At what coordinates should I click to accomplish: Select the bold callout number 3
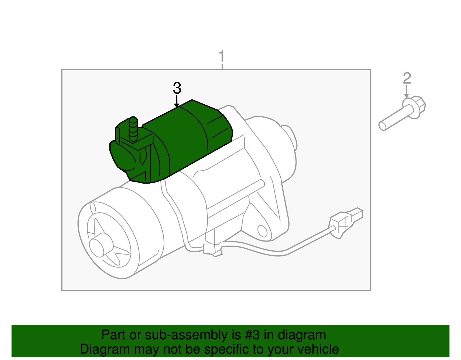177,88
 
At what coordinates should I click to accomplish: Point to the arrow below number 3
177,102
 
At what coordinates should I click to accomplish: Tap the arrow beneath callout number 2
407,92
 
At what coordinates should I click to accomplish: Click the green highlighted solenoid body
184,138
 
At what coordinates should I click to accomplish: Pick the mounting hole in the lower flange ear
262,231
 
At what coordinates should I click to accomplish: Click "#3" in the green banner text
252,335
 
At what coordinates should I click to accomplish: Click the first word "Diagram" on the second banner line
101,349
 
